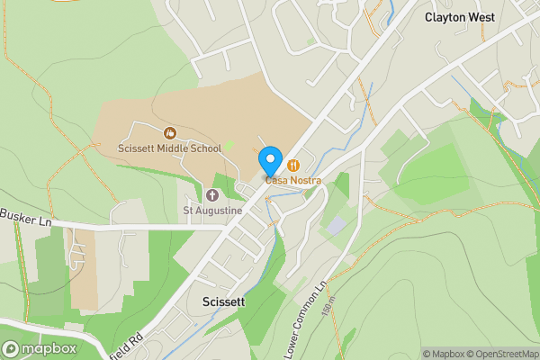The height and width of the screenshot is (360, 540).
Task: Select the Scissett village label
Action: pyautogui.click(x=224, y=302)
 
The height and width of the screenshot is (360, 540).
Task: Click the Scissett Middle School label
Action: pyautogui.click(x=169, y=148)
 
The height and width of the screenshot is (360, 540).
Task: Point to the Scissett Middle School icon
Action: pyautogui.click(x=169, y=133)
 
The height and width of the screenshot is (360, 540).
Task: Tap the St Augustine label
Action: pyautogui.click(x=212, y=211)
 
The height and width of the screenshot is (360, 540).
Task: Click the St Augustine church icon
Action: pyautogui.click(x=212, y=194)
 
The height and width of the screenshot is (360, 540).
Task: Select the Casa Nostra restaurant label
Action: pyautogui.click(x=292, y=180)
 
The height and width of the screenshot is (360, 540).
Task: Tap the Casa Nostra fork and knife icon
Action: pyautogui.click(x=293, y=166)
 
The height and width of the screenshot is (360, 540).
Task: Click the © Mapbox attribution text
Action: pyautogui.click(x=444, y=354)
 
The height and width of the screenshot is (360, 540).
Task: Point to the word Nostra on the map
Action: pyautogui.click(x=303, y=180)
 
